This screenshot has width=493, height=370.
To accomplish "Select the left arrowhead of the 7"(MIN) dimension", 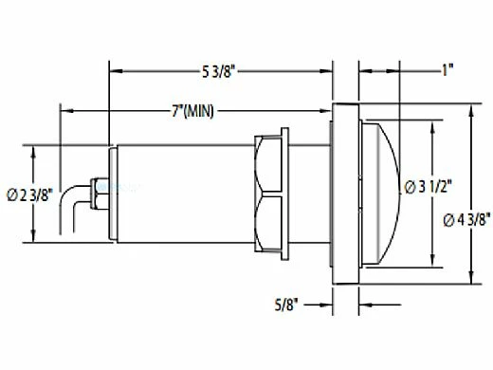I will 64,111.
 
